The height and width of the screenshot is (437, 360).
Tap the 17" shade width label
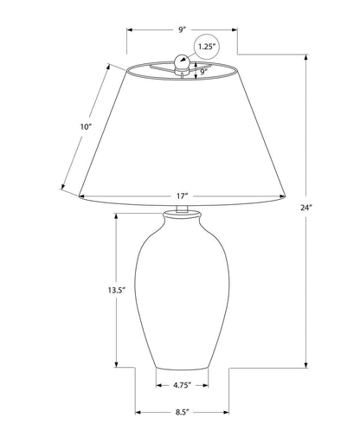pyautogui.click(x=181, y=196)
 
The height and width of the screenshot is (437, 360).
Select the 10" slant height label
pyautogui.click(x=85, y=127)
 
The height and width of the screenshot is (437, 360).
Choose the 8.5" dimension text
pyautogui.click(x=181, y=413)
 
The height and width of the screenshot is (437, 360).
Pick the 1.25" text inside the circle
pyautogui.click(x=206, y=46)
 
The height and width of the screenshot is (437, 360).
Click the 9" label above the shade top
pyautogui.click(x=183, y=29)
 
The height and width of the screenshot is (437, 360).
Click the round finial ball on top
pyautogui.click(x=182, y=61)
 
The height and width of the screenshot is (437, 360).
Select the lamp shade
pyautogui.click(x=181, y=138)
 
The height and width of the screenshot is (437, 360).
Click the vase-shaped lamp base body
pyautogui.click(x=181, y=294)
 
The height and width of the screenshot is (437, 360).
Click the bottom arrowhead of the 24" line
pyautogui.click(x=306, y=363)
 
